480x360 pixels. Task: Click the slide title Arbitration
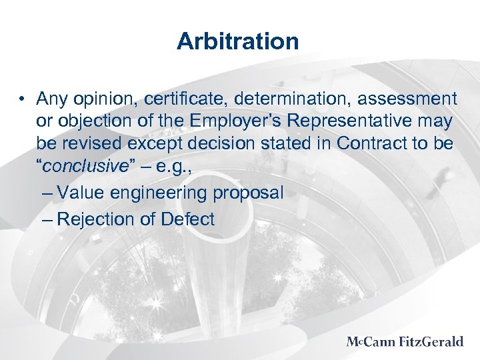point(238,41)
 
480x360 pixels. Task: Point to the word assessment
point(407,100)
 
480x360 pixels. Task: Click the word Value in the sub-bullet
point(79,193)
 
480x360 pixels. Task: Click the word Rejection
point(93,220)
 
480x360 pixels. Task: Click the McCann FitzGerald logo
point(404,342)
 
